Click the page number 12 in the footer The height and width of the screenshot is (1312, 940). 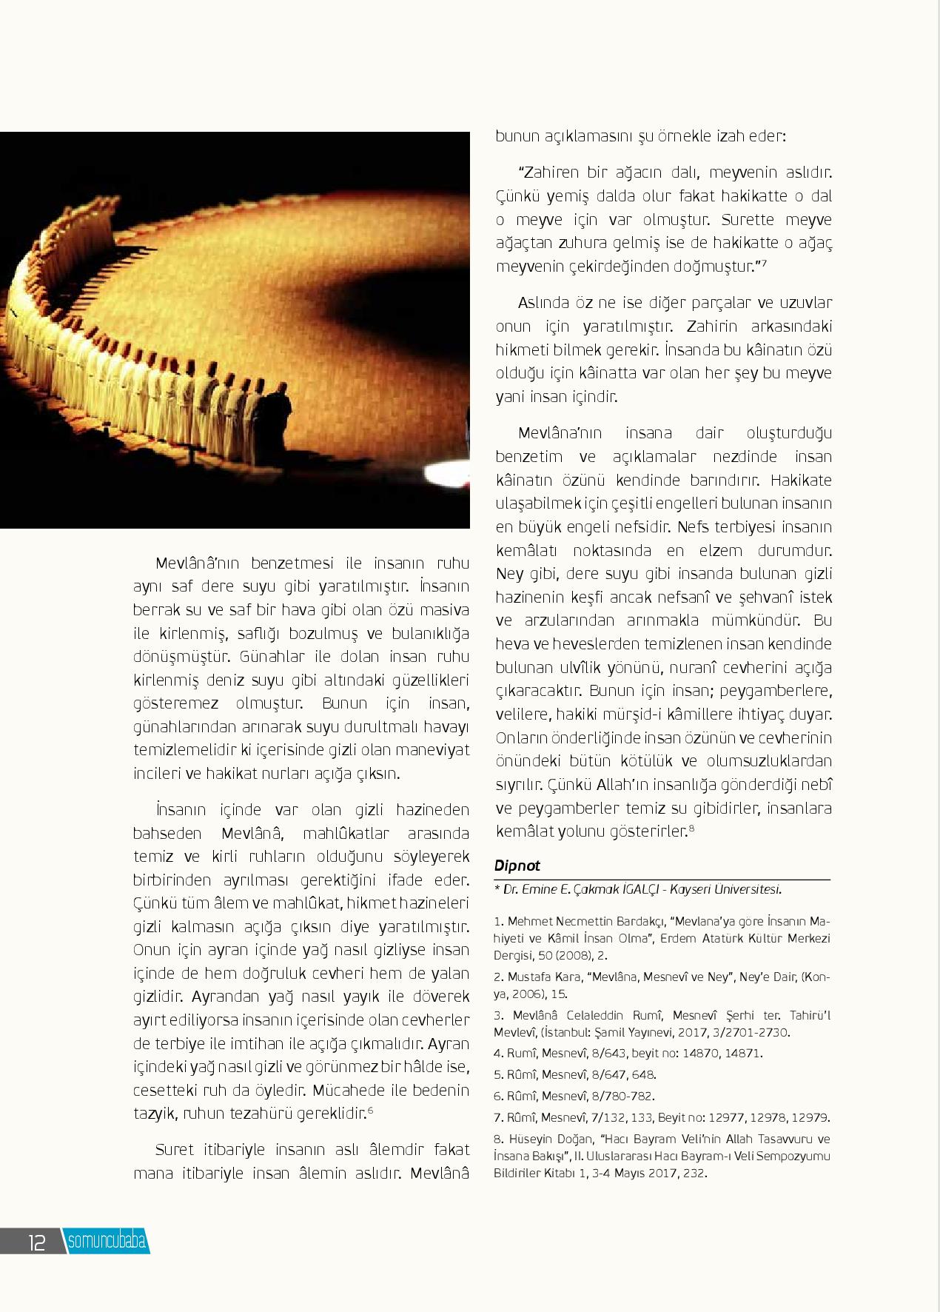point(38,1242)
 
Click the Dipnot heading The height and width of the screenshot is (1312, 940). point(517,866)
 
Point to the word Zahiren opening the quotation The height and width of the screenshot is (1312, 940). point(551,173)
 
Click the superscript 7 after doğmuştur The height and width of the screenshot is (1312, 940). point(763,263)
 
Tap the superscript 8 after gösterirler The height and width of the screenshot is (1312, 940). point(691,828)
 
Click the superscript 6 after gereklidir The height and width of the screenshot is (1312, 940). point(369,1109)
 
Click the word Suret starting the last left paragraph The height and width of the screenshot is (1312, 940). point(175,1150)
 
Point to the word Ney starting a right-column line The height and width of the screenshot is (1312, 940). point(507,574)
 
